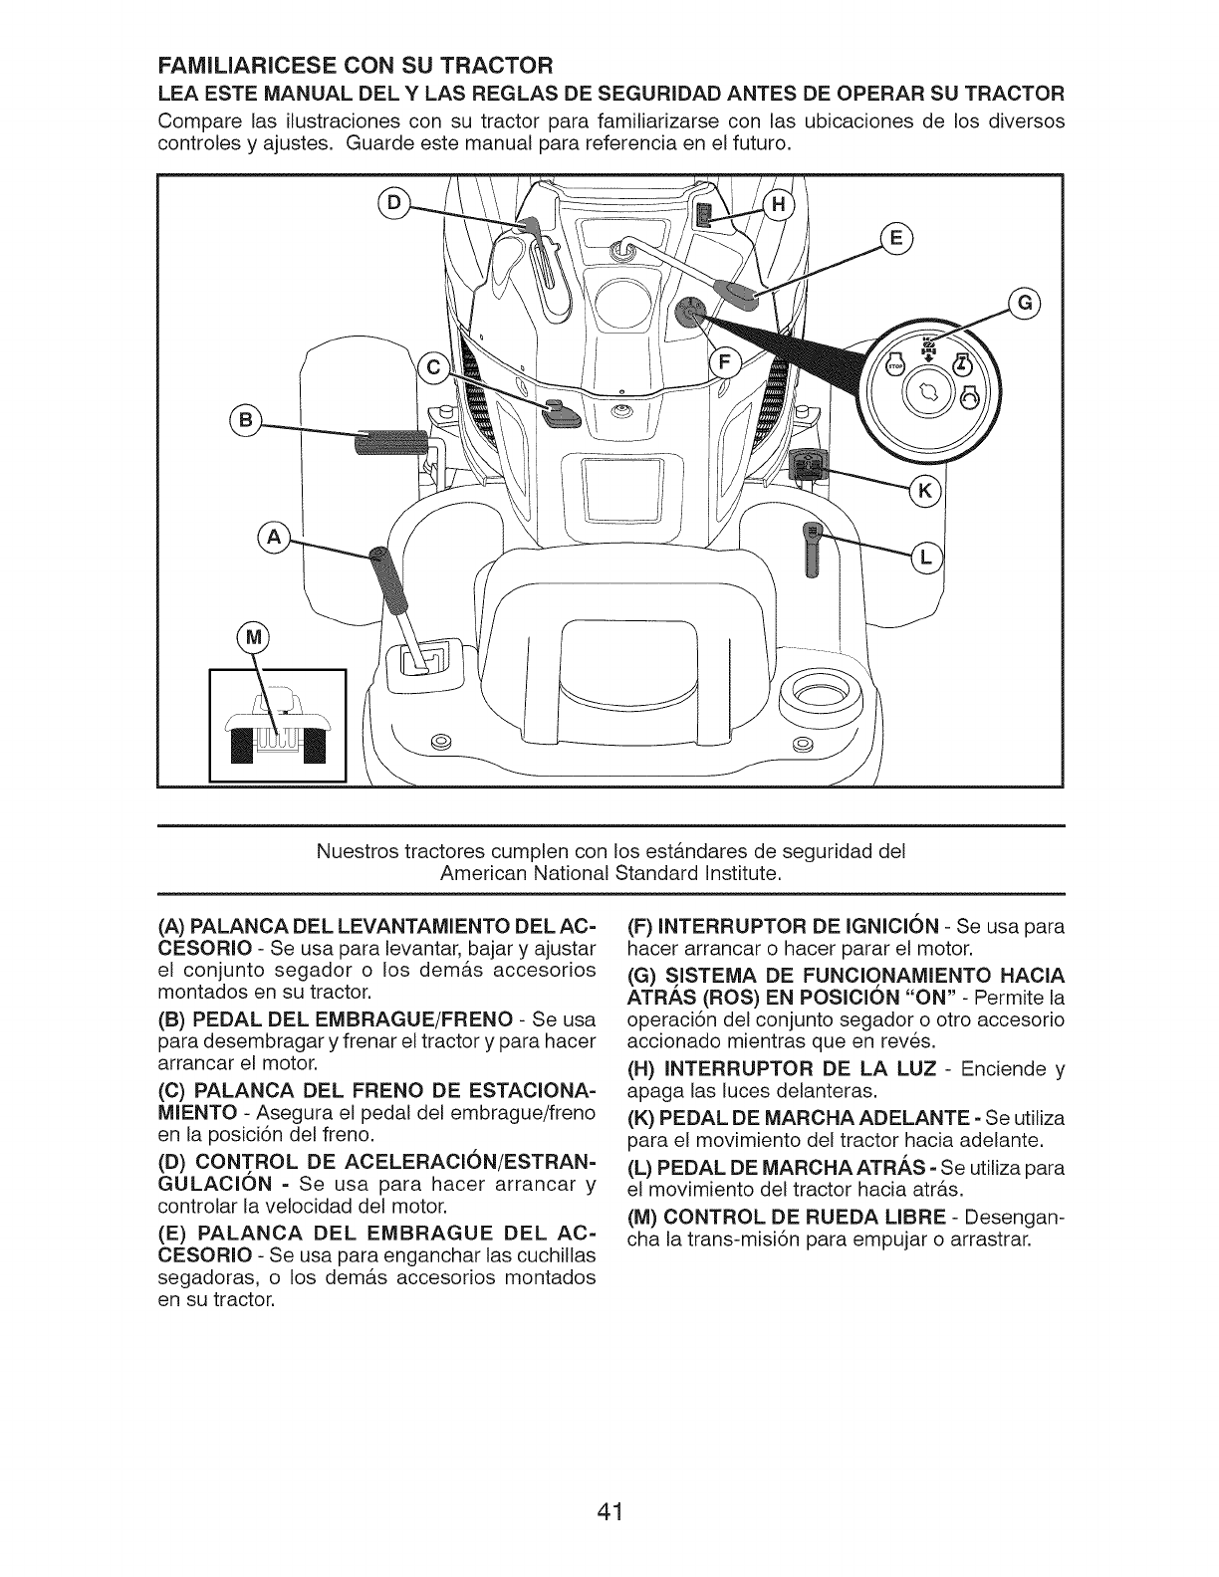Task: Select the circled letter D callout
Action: click(395, 203)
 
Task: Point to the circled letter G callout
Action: click(1023, 303)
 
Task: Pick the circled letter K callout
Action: click(925, 490)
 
